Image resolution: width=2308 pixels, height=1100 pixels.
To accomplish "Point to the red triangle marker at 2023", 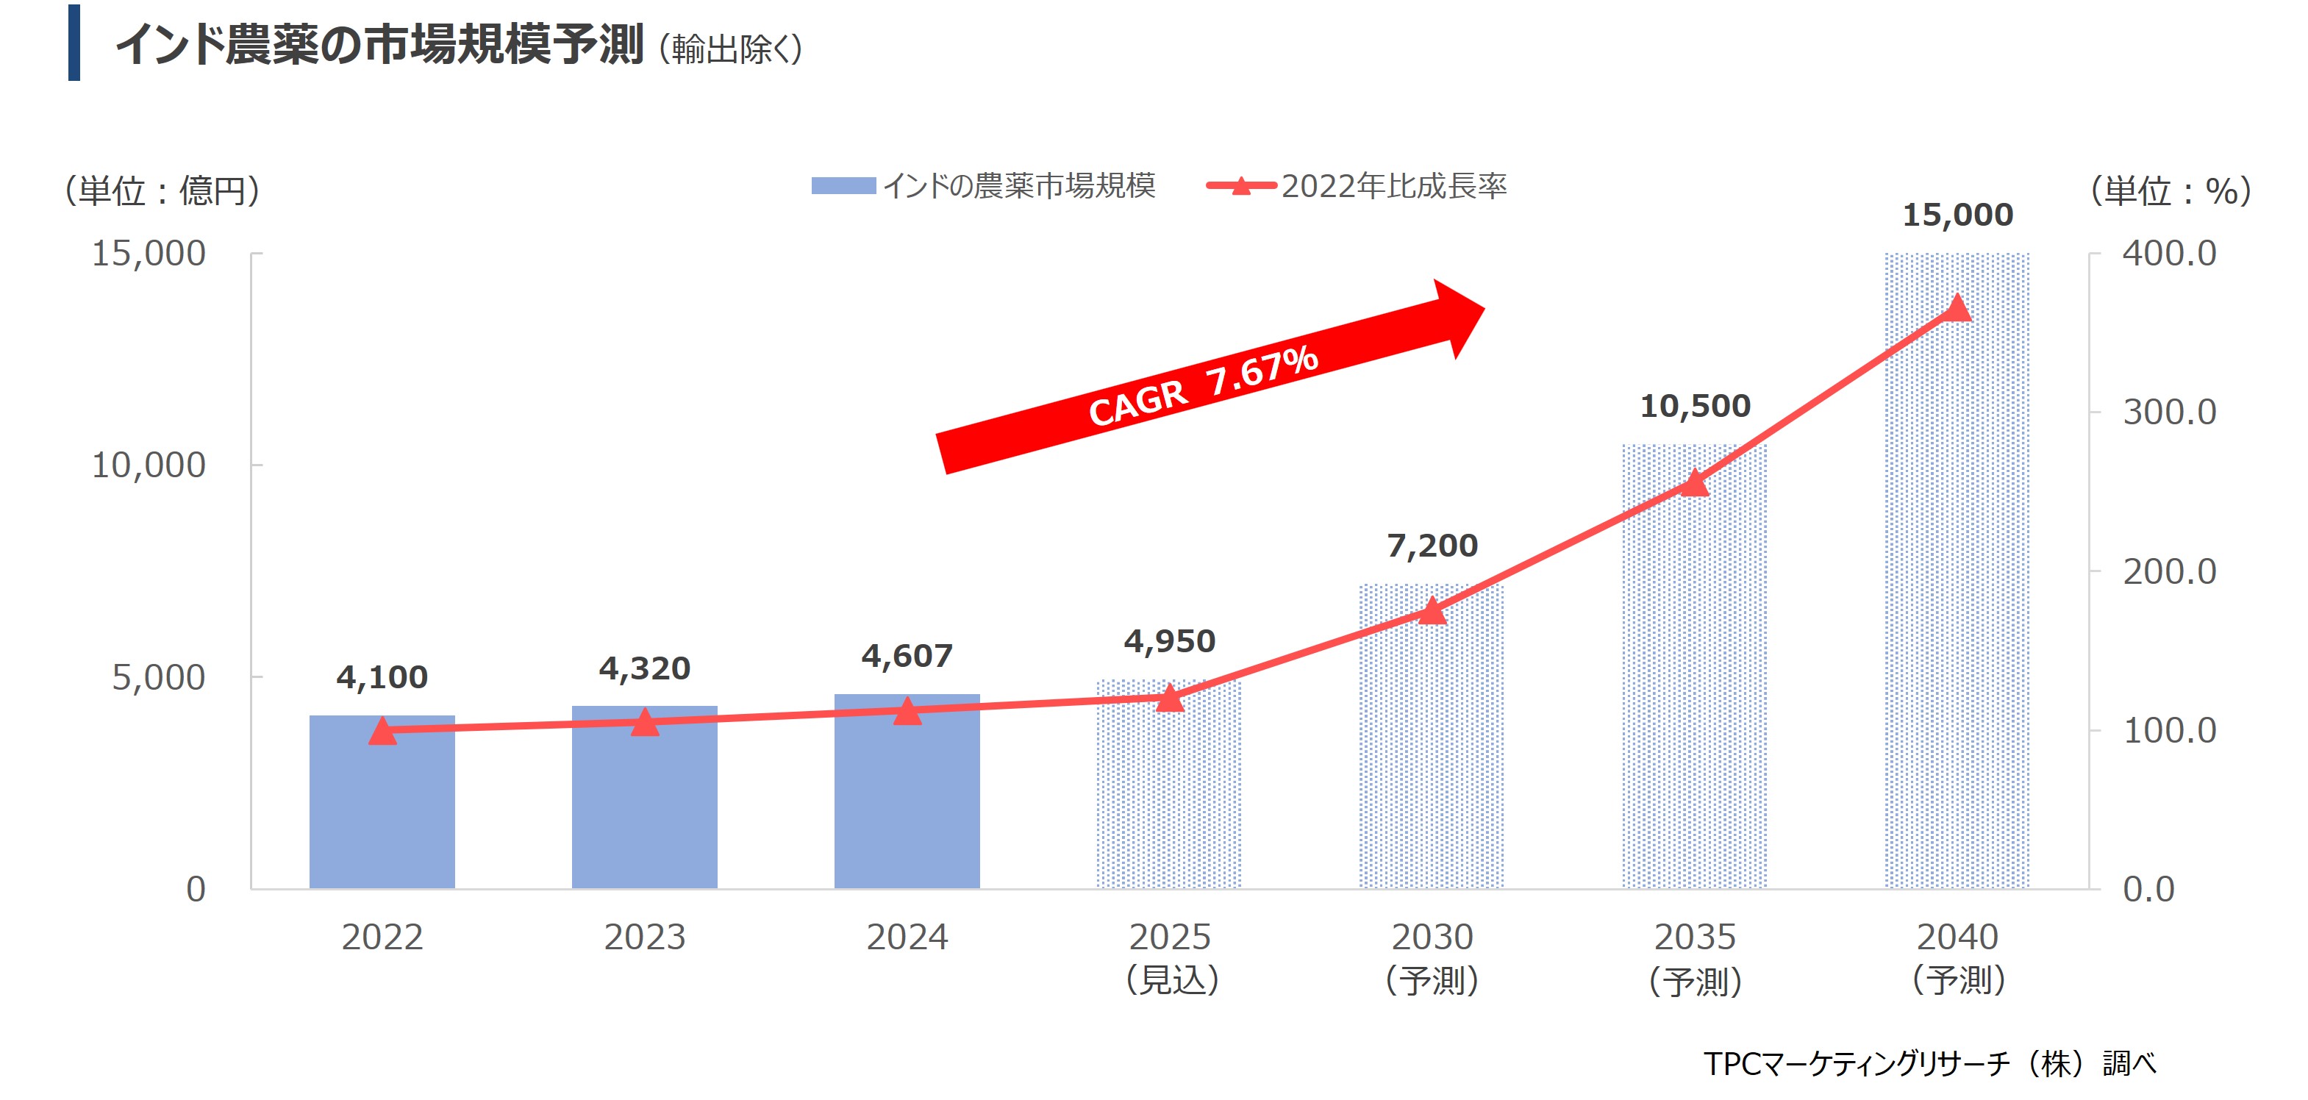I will coord(644,722).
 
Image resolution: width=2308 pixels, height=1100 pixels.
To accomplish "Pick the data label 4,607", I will coord(907,656).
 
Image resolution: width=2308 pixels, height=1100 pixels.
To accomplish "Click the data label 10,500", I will coord(1694,406).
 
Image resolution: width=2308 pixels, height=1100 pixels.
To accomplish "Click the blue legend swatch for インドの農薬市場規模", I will coord(843,185).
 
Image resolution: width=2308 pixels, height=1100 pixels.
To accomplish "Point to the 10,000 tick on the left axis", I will coord(149,465).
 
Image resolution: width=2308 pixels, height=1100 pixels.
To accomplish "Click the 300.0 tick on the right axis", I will coord(2168,412).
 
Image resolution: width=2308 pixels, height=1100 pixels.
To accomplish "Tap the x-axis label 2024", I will coord(907,937).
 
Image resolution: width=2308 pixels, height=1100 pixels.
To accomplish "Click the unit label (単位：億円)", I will coord(162,190).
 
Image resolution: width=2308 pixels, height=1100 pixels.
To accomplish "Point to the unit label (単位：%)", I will coord(2170,190).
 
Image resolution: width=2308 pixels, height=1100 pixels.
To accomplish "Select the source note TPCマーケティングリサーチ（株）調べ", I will coord(1929,1063).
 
